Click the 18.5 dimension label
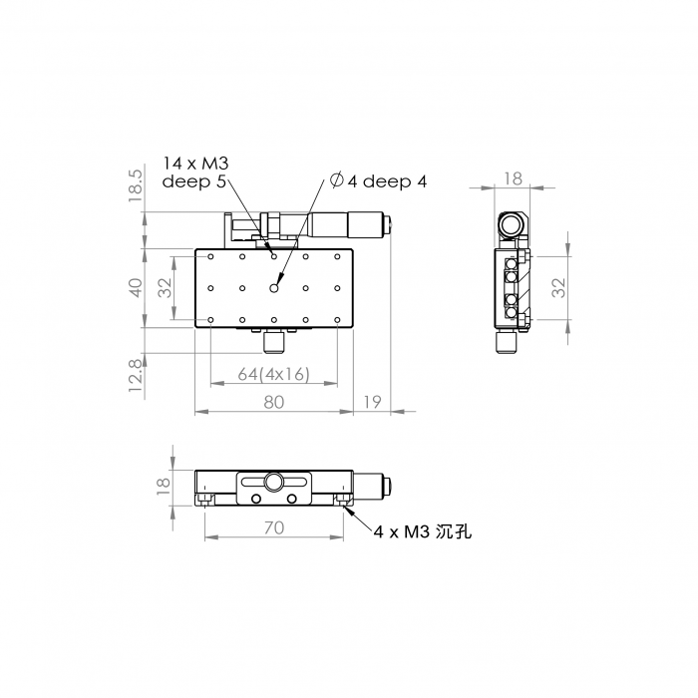tap(136, 185)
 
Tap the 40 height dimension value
tap(136, 287)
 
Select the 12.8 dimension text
tap(136, 375)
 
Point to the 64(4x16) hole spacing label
tap(273, 374)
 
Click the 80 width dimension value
tap(274, 402)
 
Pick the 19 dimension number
tap(373, 402)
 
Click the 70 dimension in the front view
tap(274, 527)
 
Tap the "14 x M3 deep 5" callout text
tap(195, 173)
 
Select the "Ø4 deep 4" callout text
tap(378, 180)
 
